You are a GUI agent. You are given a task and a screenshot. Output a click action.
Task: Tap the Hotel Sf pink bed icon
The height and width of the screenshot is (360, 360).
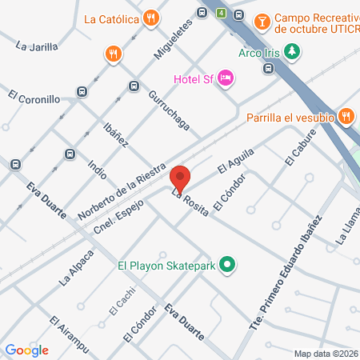pos(226,77)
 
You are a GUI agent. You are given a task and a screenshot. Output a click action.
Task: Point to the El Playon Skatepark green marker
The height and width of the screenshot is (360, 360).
pos(227,264)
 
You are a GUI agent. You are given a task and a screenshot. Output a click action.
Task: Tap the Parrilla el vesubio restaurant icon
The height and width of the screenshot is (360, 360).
pos(346,117)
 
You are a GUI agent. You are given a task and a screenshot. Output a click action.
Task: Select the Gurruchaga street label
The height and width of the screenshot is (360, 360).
pos(169,109)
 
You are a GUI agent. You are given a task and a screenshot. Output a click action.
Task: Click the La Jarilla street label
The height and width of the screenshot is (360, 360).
pos(37,46)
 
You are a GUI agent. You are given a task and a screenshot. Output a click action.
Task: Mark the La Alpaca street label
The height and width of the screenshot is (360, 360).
pos(77,269)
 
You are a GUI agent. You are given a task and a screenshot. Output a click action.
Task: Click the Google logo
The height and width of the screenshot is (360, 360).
pos(26,350)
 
